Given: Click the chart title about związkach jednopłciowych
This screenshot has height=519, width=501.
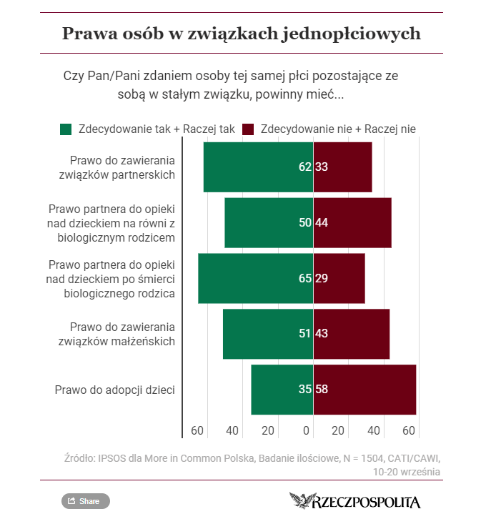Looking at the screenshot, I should tap(241, 34).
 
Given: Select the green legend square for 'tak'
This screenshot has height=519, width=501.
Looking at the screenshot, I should tap(66, 129).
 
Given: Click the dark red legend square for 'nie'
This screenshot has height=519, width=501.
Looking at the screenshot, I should tap(249, 129).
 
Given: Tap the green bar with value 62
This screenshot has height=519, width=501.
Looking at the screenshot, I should tap(258, 167).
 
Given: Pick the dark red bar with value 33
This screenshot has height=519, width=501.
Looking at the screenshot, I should tap(342, 167).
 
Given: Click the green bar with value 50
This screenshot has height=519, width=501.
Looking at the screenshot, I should tap(269, 222).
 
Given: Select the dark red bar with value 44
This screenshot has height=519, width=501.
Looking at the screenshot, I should tap(352, 222).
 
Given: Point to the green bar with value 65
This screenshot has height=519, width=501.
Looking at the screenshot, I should tap(255, 278).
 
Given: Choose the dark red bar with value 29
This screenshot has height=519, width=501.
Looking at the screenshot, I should tap(339, 278).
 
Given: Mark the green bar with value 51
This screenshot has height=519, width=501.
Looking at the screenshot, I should tap(268, 334).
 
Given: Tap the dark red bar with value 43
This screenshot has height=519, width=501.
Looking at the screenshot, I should tap(352, 334).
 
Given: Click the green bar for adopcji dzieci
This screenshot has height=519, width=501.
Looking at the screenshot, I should tap(282, 390).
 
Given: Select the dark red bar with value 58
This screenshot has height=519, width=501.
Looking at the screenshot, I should tap(364, 390).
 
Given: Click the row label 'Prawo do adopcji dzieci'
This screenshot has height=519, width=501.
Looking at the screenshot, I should tap(115, 390).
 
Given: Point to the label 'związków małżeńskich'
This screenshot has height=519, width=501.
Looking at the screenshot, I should tap(116, 341).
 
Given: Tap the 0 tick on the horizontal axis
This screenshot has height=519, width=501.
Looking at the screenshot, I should tap(307, 431).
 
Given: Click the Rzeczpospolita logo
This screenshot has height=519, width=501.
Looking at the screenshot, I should tap(355, 501).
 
